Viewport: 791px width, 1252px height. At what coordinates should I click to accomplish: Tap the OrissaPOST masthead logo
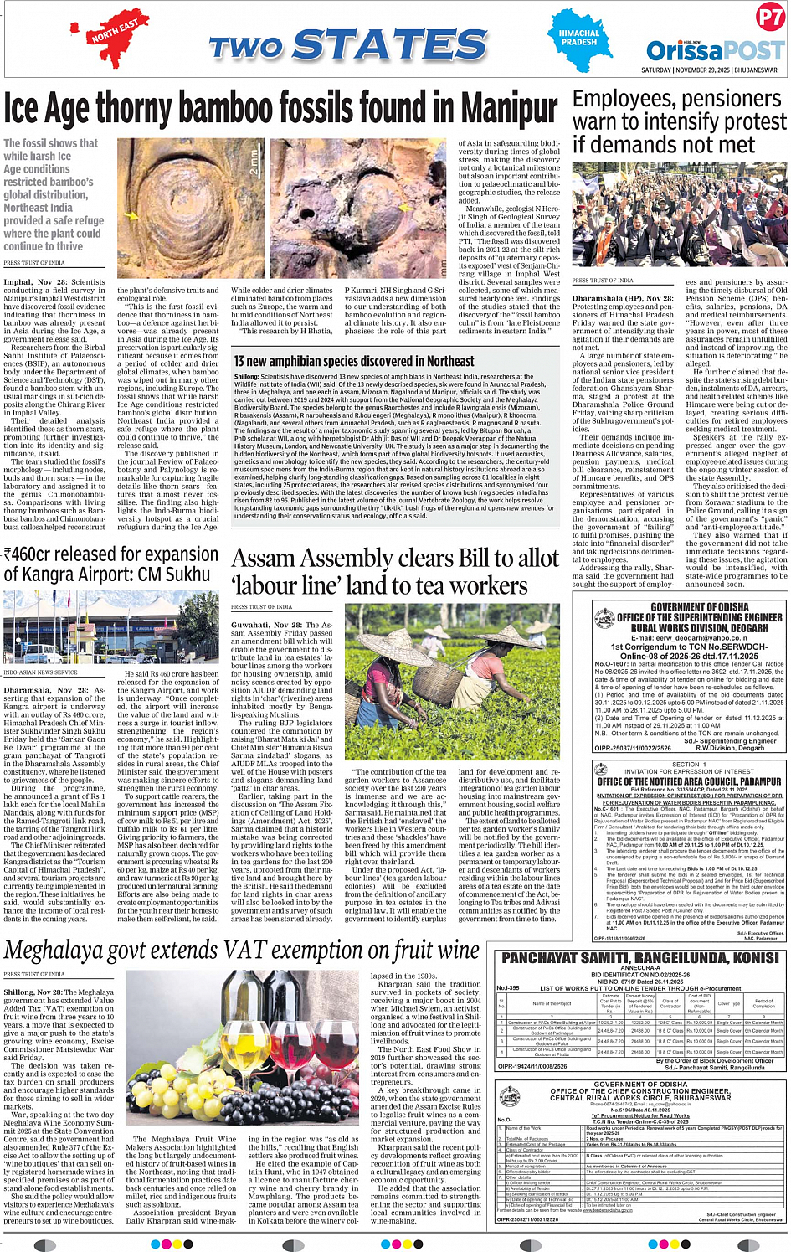714,49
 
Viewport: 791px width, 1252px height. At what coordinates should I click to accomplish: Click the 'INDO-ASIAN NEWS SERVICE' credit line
40,672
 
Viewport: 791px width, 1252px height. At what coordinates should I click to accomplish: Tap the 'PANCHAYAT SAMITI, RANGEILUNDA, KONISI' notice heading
640,958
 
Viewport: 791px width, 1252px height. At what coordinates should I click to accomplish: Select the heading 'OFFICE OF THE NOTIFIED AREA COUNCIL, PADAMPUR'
689,781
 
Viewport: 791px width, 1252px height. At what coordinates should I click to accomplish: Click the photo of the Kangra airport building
111,627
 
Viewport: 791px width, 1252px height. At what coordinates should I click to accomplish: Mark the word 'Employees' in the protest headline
634,100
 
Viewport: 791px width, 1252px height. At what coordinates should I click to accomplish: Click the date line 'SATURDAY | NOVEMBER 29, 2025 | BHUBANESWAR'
709,70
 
